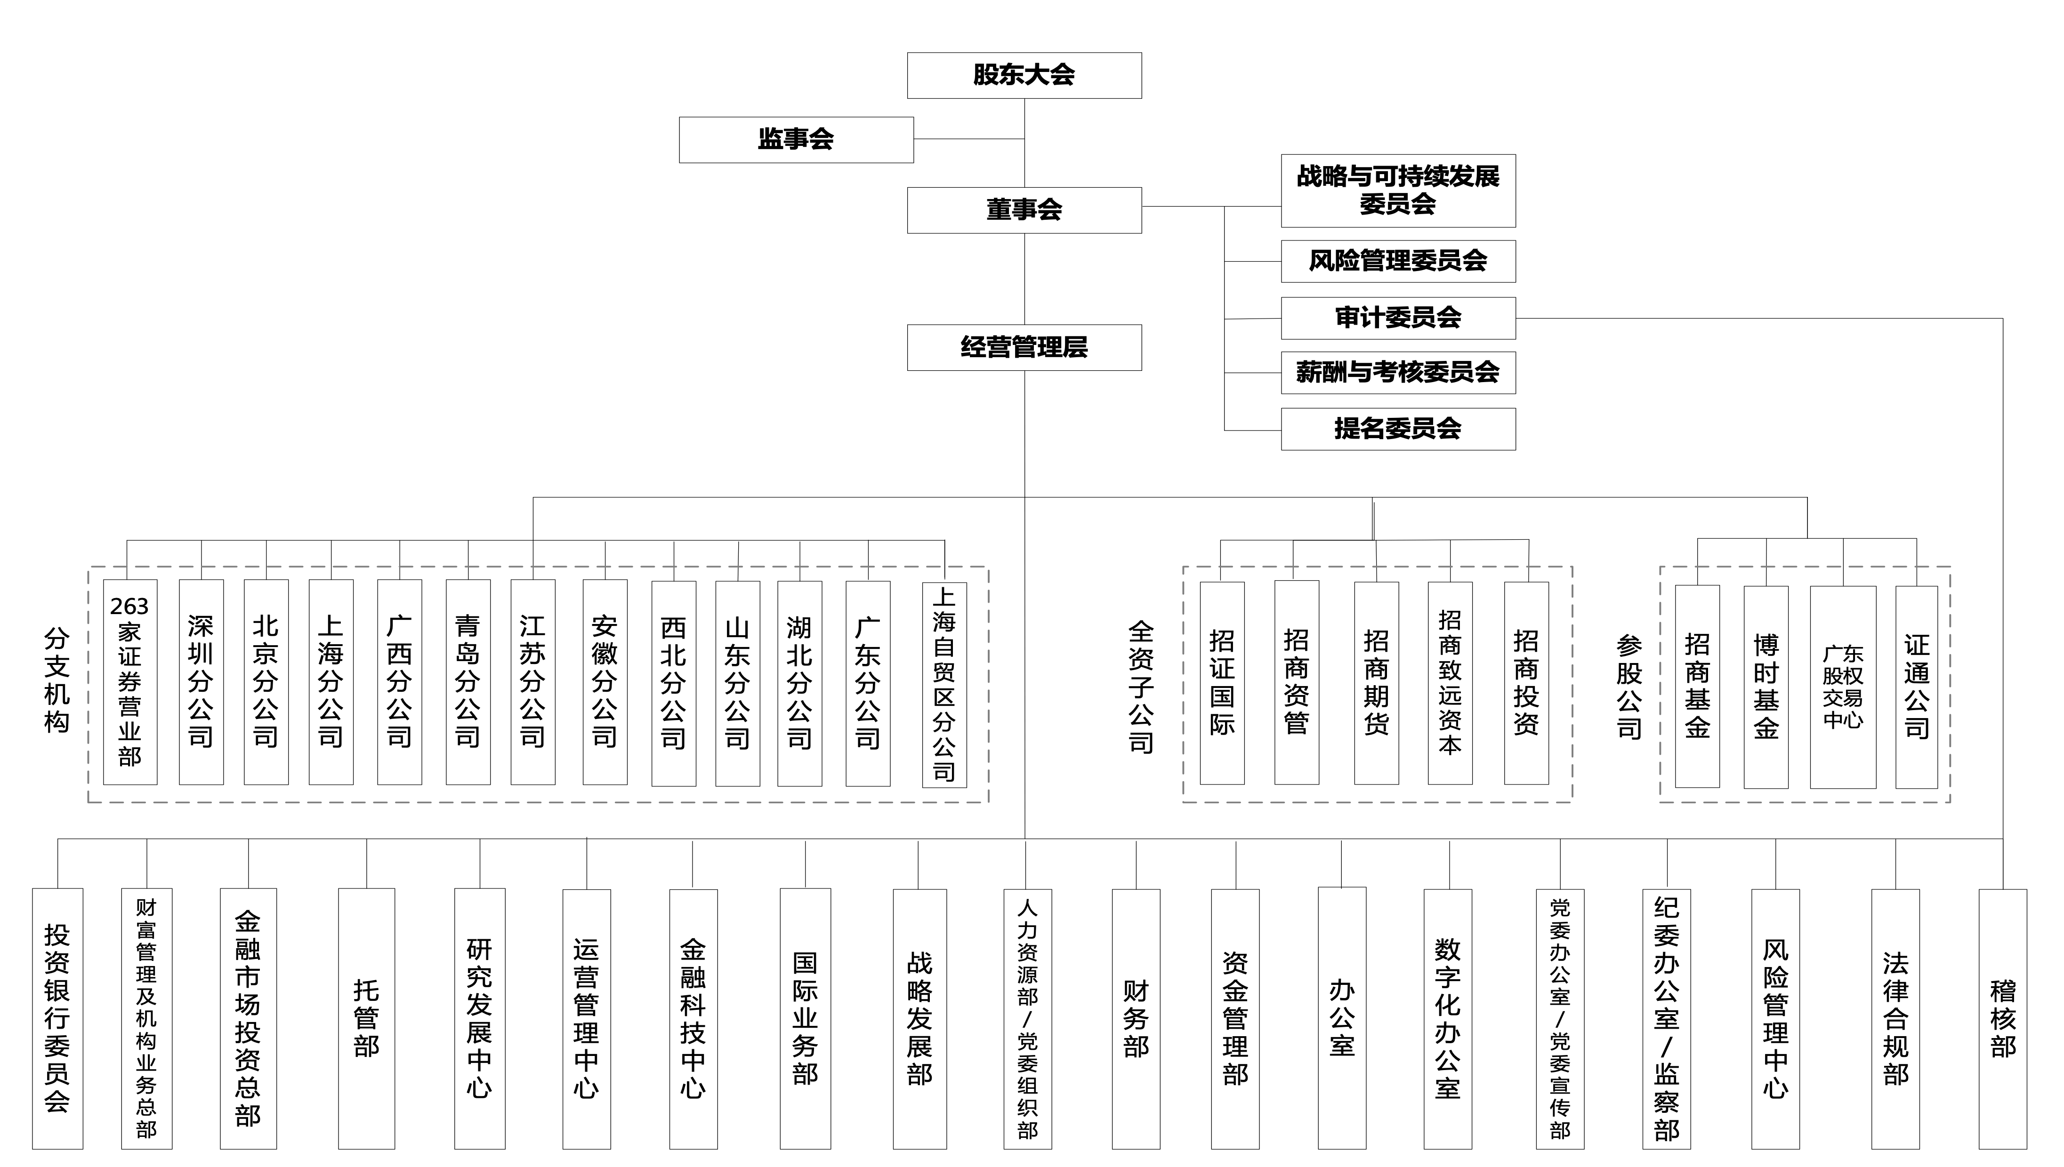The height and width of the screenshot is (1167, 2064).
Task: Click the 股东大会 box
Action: point(1024,75)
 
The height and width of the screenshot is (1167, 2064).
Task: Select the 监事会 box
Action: point(796,139)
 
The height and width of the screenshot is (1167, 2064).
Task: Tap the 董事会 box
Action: point(1024,210)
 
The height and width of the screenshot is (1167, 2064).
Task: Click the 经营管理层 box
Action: point(1024,347)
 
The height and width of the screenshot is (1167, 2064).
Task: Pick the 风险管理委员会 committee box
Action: point(1398,261)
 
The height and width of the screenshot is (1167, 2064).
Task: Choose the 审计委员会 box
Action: point(1398,318)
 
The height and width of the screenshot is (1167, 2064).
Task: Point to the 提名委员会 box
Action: point(1398,429)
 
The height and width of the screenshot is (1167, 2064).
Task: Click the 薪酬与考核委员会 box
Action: point(1398,372)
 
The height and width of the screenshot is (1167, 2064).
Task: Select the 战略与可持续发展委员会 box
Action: point(1398,190)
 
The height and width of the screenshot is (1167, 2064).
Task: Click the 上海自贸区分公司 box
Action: point(944,685)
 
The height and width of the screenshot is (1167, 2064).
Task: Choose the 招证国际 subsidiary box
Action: point(1222,683)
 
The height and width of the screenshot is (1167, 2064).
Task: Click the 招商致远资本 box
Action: point(1450,683)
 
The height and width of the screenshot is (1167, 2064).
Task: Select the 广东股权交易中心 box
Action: point(1843,687)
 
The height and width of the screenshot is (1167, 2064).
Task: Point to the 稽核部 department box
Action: point(2002,1019)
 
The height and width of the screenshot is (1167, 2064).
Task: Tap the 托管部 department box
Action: point(366,1019)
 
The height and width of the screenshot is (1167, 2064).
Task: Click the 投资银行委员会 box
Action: point(57,1019)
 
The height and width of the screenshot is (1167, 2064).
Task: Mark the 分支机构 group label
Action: point(56,680)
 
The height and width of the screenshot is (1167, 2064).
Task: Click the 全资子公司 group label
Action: point(1141,687)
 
